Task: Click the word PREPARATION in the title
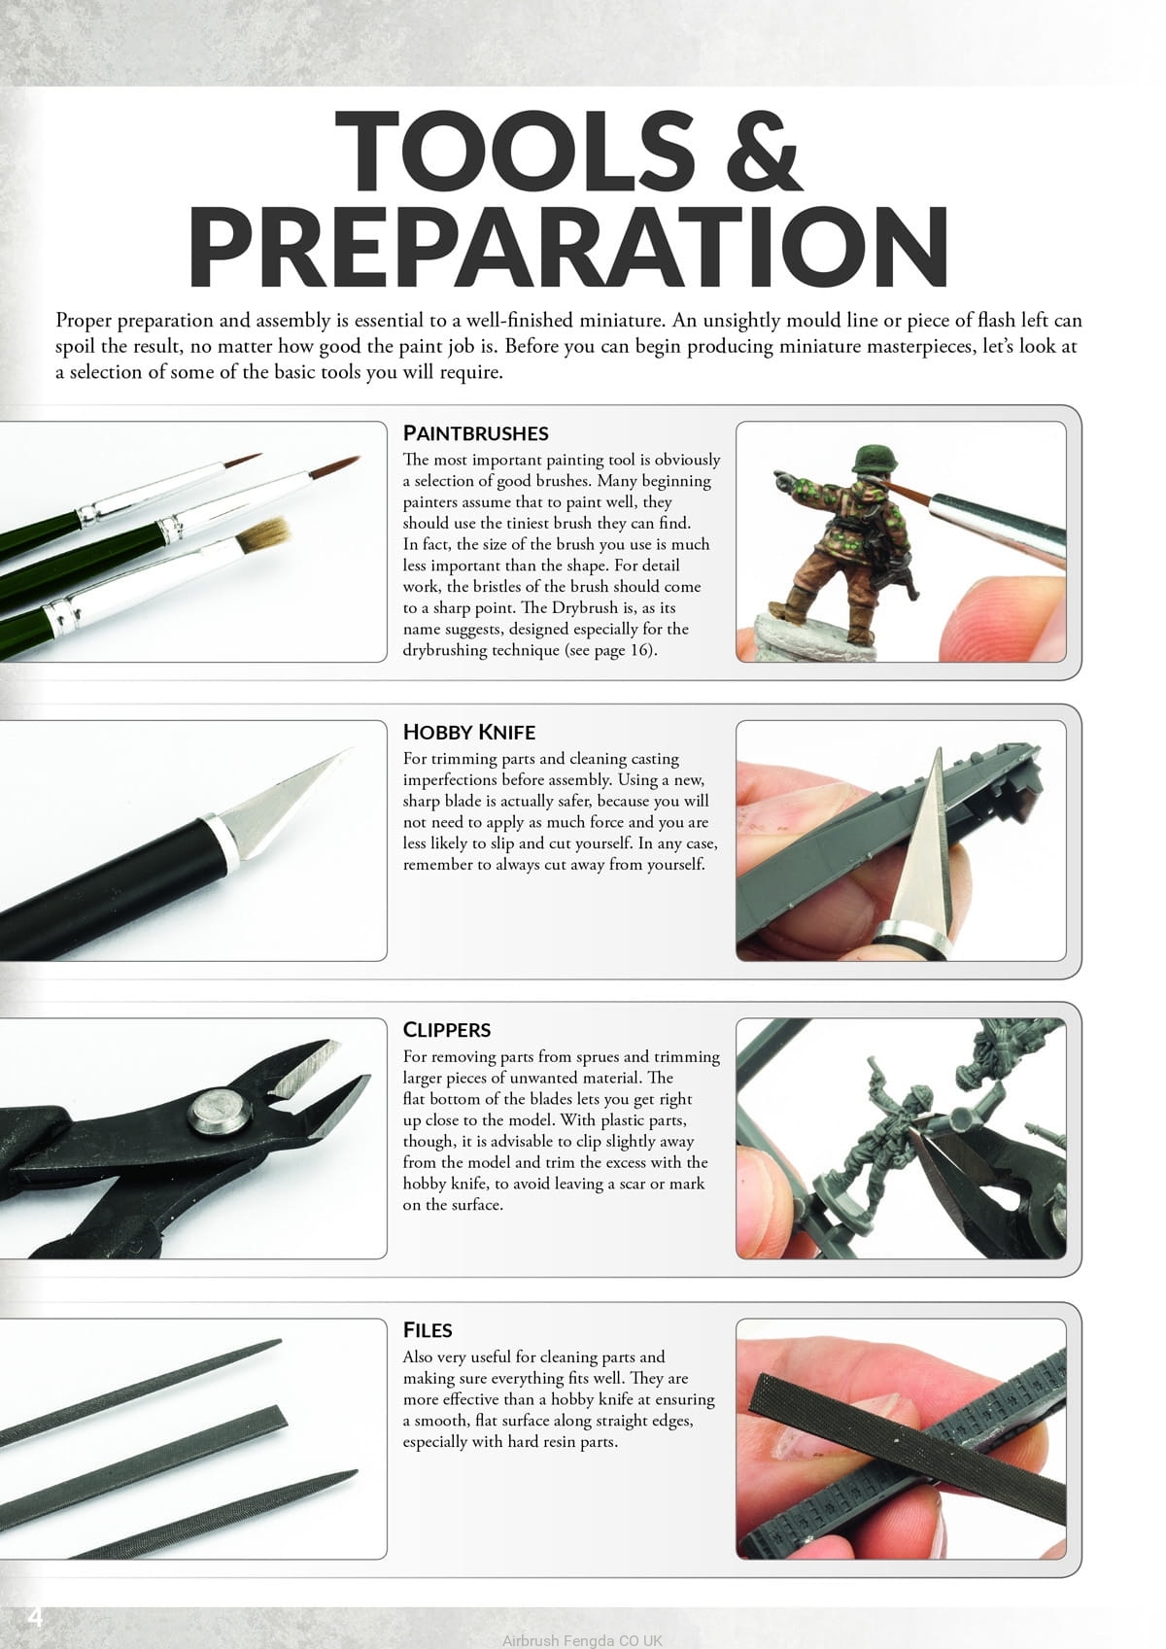coord(568,247)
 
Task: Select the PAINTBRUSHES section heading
coord(475,432)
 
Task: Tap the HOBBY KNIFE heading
coord(469,732)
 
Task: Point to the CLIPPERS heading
coord(447,1030)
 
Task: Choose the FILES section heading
coord(428,1329)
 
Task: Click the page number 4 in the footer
coord(35,1617)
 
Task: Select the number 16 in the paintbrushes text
coord(638,650)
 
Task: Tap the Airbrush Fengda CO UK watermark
coord(582,1640)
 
